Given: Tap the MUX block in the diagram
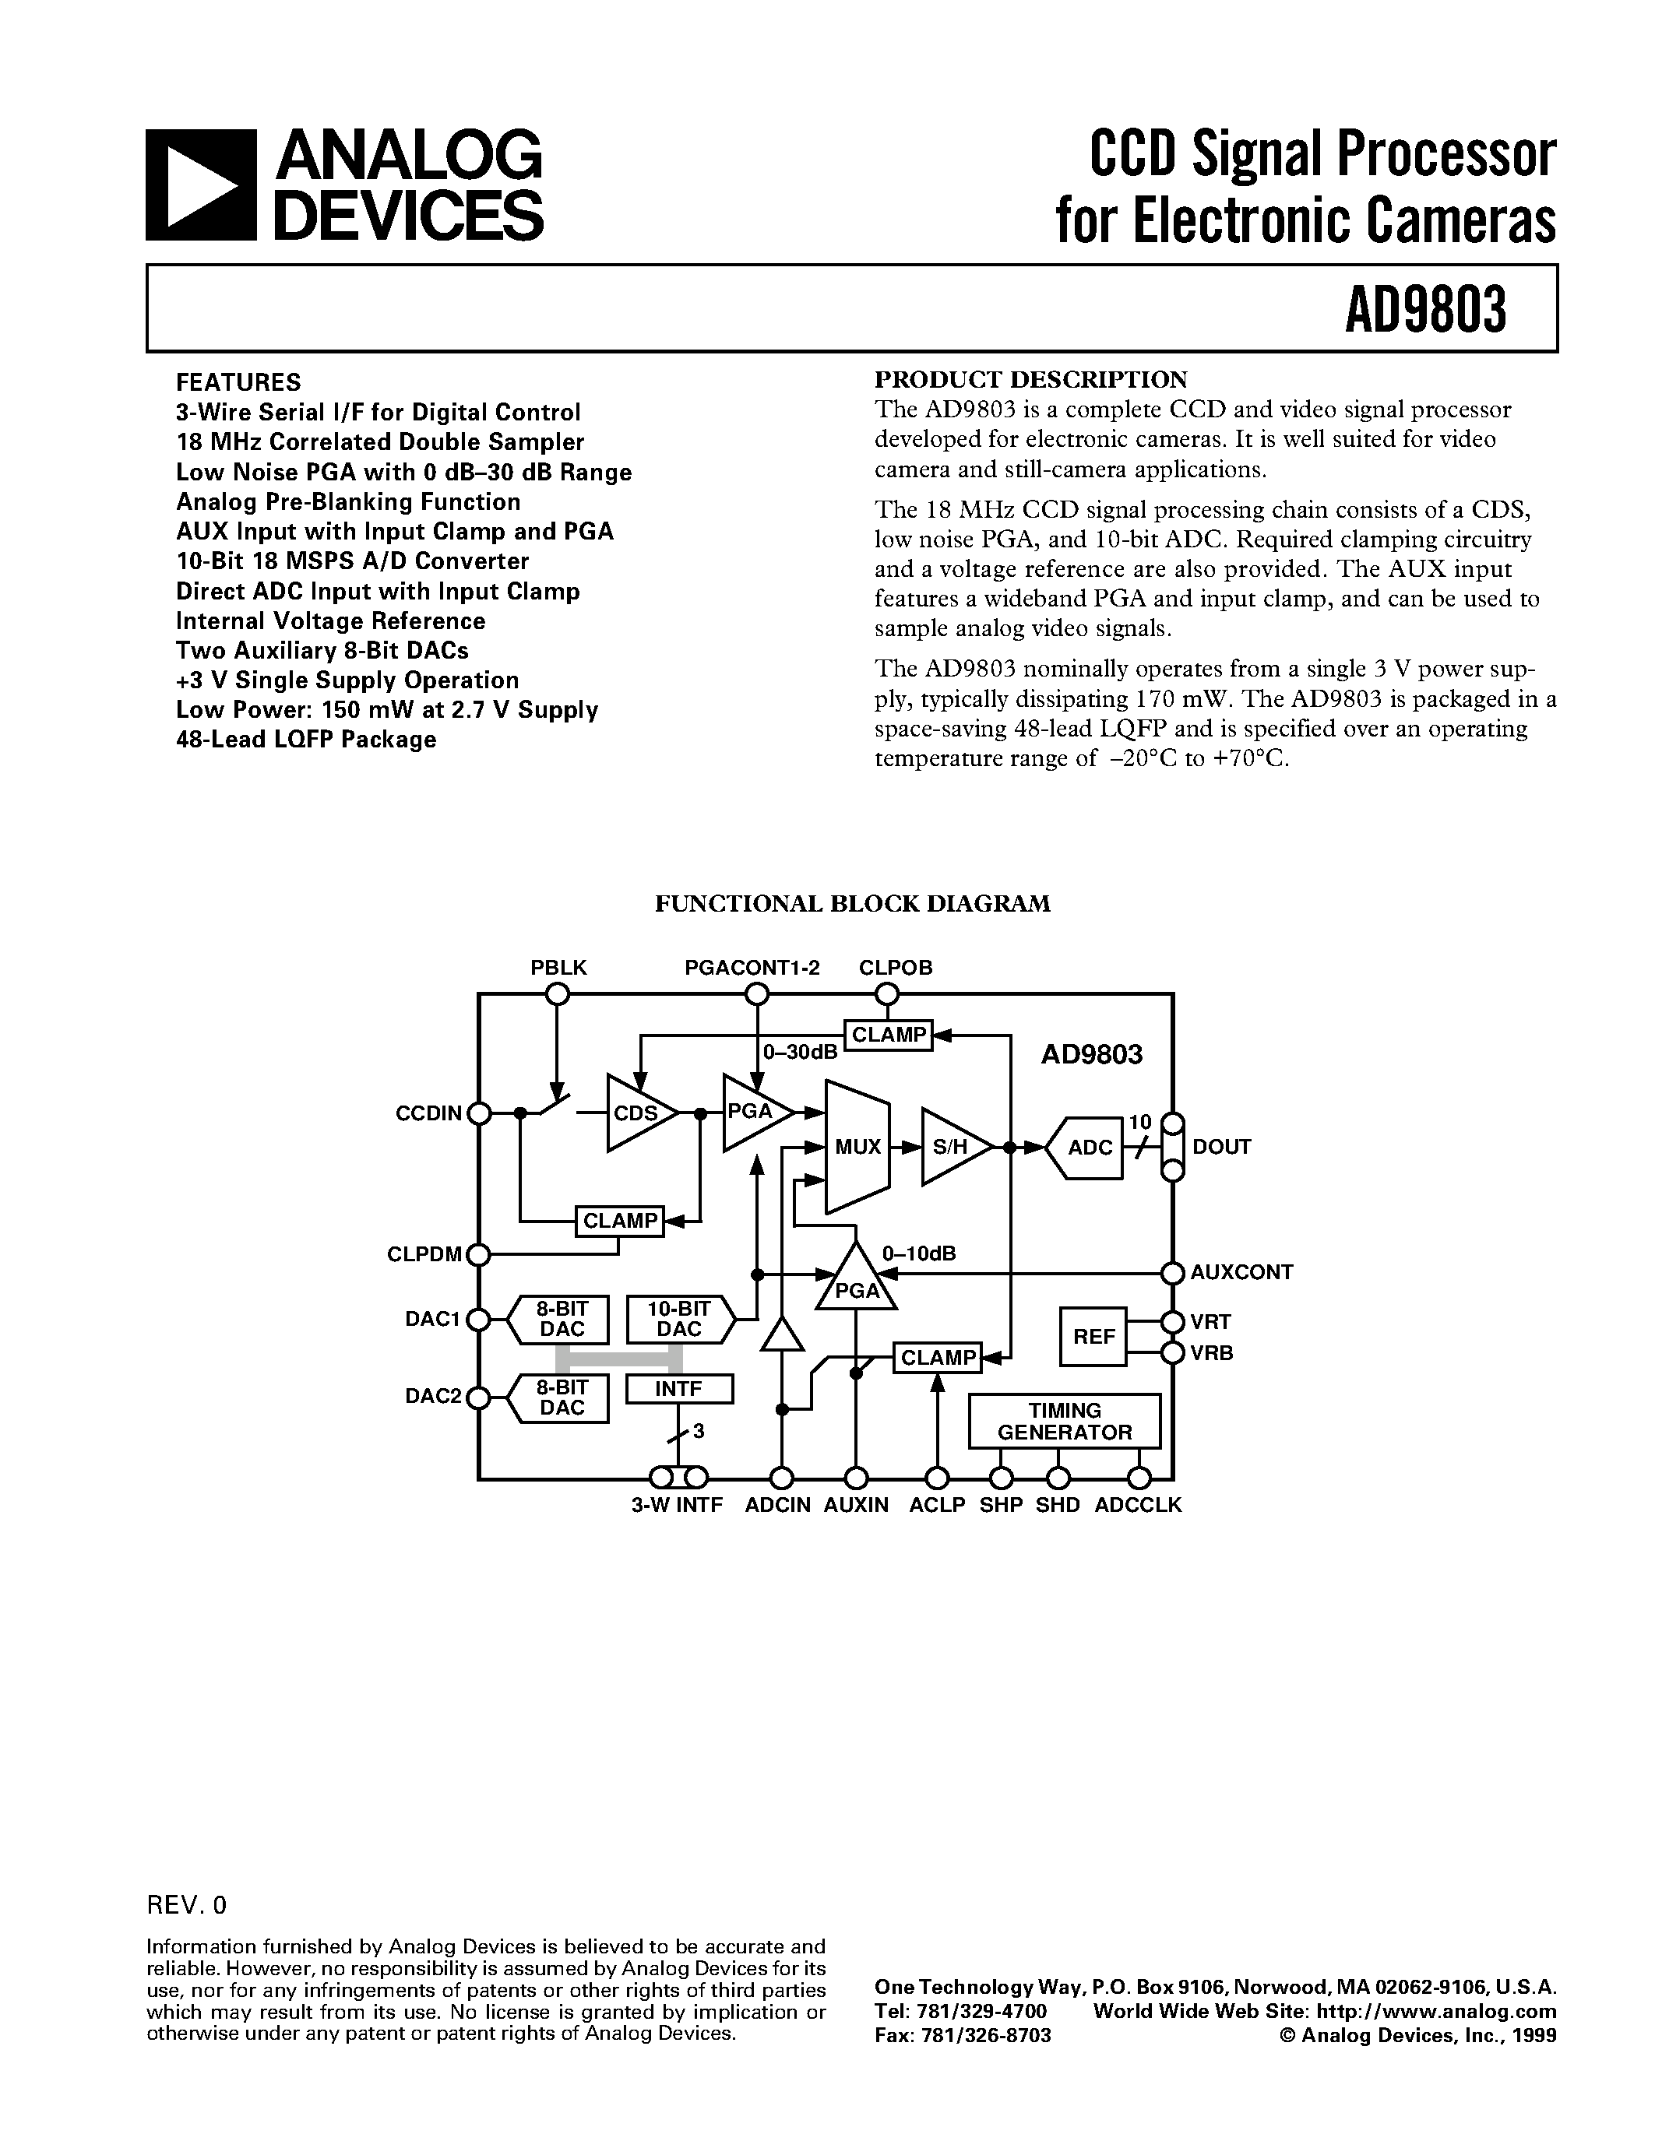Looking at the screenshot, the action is coord(857,1146).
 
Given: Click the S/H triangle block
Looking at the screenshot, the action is coord(949,1146).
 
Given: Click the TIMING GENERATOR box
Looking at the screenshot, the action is coord(1064,1421).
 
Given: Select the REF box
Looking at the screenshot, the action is coord(1093,1336).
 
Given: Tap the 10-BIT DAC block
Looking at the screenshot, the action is coord(678,1319).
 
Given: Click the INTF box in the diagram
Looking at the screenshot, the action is coord(678,1388).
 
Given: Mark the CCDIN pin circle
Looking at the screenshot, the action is coord(478,1113).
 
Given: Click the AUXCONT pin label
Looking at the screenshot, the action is coord(1241,1272).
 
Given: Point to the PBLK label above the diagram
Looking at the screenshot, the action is coord(558,968).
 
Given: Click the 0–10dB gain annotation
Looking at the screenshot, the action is coord(919,1253).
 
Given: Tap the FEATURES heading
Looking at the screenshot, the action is coord(238,381).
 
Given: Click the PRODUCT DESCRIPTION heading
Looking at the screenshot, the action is coord(1030,379).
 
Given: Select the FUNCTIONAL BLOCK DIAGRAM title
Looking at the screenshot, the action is coord(852,903).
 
